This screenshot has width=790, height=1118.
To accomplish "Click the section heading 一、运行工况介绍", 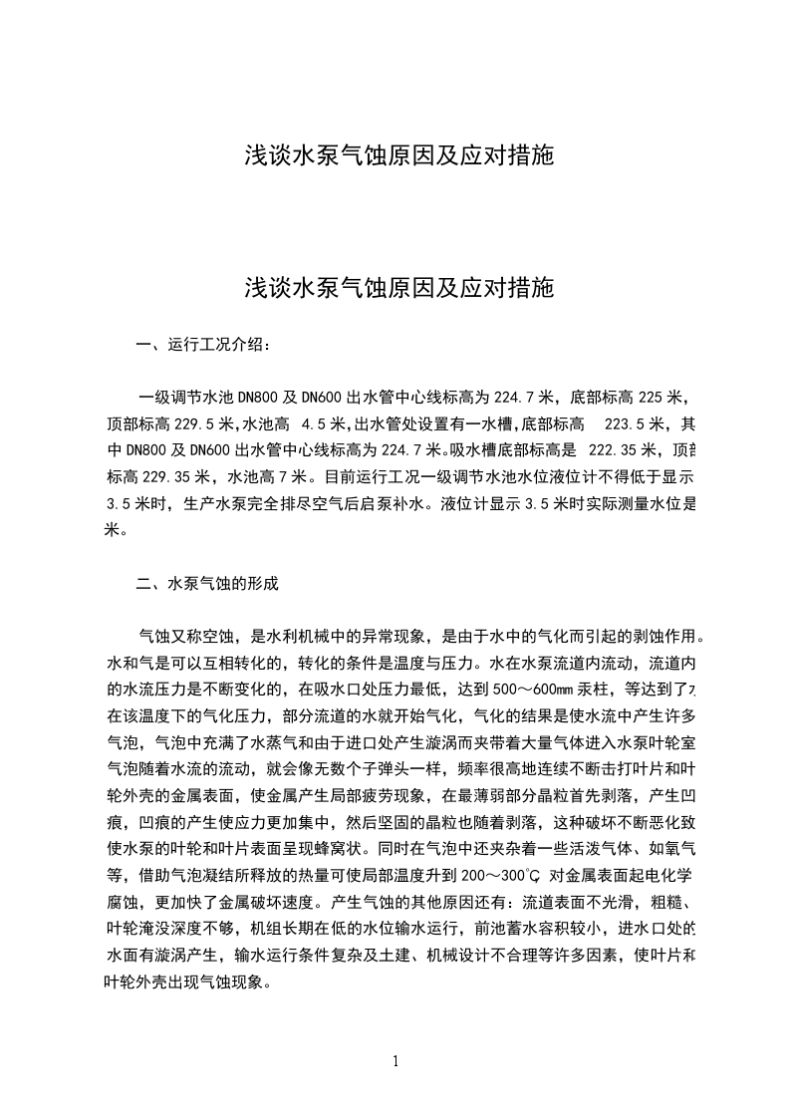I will tap(202, 347).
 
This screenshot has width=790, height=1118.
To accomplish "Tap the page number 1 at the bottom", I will tap(396, 1061).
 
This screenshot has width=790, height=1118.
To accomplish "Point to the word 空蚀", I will tap(222, 636).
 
